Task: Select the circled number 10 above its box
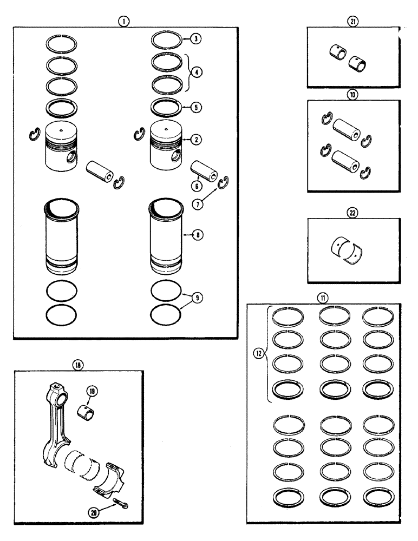click(354, 94)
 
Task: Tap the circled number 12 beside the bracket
click(259, 354)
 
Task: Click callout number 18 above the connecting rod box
click(79, 365)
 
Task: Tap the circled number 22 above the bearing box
click(354, 212)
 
